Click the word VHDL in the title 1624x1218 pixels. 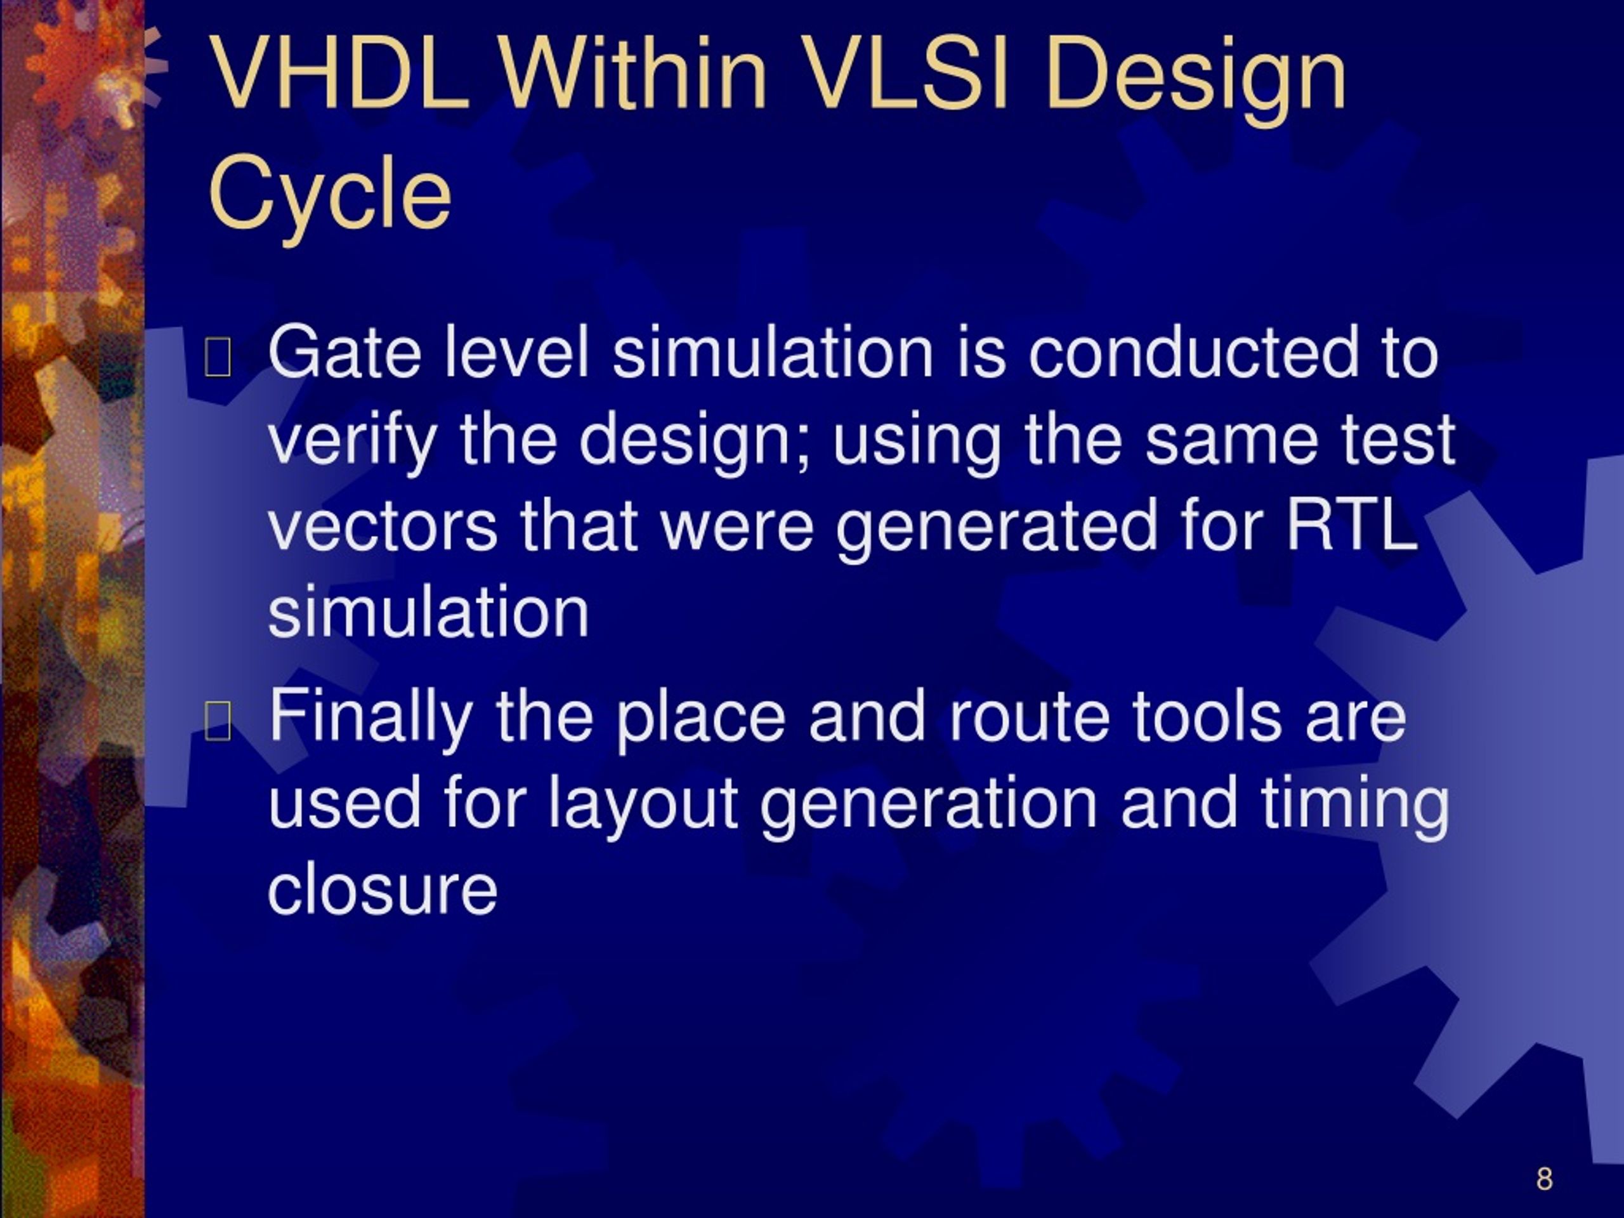click(x=339, y=74)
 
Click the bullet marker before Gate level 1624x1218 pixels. click(x=218, y=358)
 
